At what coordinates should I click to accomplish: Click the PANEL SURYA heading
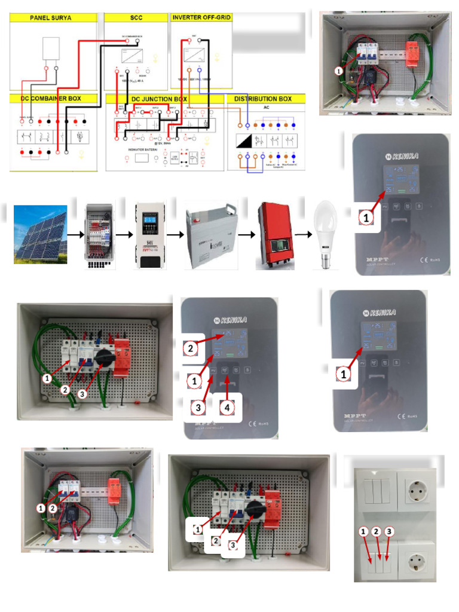point(51,18)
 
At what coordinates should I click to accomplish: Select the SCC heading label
point(136,18)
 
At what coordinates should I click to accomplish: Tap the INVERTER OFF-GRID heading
point(201,18)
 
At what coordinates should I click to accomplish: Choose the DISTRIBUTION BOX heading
point(263,99)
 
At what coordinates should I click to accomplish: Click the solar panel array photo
point(40,234)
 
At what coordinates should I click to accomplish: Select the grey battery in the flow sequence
point(209,235)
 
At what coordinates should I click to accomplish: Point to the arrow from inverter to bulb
point(305,235)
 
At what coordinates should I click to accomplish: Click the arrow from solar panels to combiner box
point(75,235)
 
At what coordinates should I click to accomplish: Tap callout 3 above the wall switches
point(389,531)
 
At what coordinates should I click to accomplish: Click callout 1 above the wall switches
point(363,531)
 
